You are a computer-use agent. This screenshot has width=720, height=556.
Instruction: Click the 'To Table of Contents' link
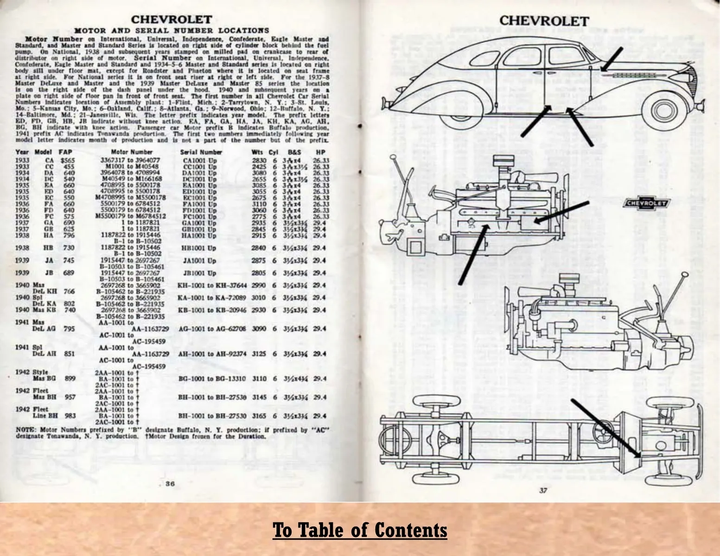360,530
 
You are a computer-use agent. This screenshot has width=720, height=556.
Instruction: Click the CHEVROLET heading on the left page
172,20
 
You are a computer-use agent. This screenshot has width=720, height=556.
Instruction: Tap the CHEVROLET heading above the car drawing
544,21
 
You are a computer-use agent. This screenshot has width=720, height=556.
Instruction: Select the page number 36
170,484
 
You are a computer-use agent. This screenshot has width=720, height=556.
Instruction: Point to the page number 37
543,491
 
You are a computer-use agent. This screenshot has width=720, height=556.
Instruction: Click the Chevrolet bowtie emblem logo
647,203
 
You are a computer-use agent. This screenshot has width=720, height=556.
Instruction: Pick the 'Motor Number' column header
132,152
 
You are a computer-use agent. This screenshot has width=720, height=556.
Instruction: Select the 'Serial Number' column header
201,152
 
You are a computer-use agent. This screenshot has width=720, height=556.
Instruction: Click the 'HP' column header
320,152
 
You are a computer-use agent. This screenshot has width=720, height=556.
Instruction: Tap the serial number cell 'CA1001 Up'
200,160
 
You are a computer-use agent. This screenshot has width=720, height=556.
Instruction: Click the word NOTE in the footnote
24,430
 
